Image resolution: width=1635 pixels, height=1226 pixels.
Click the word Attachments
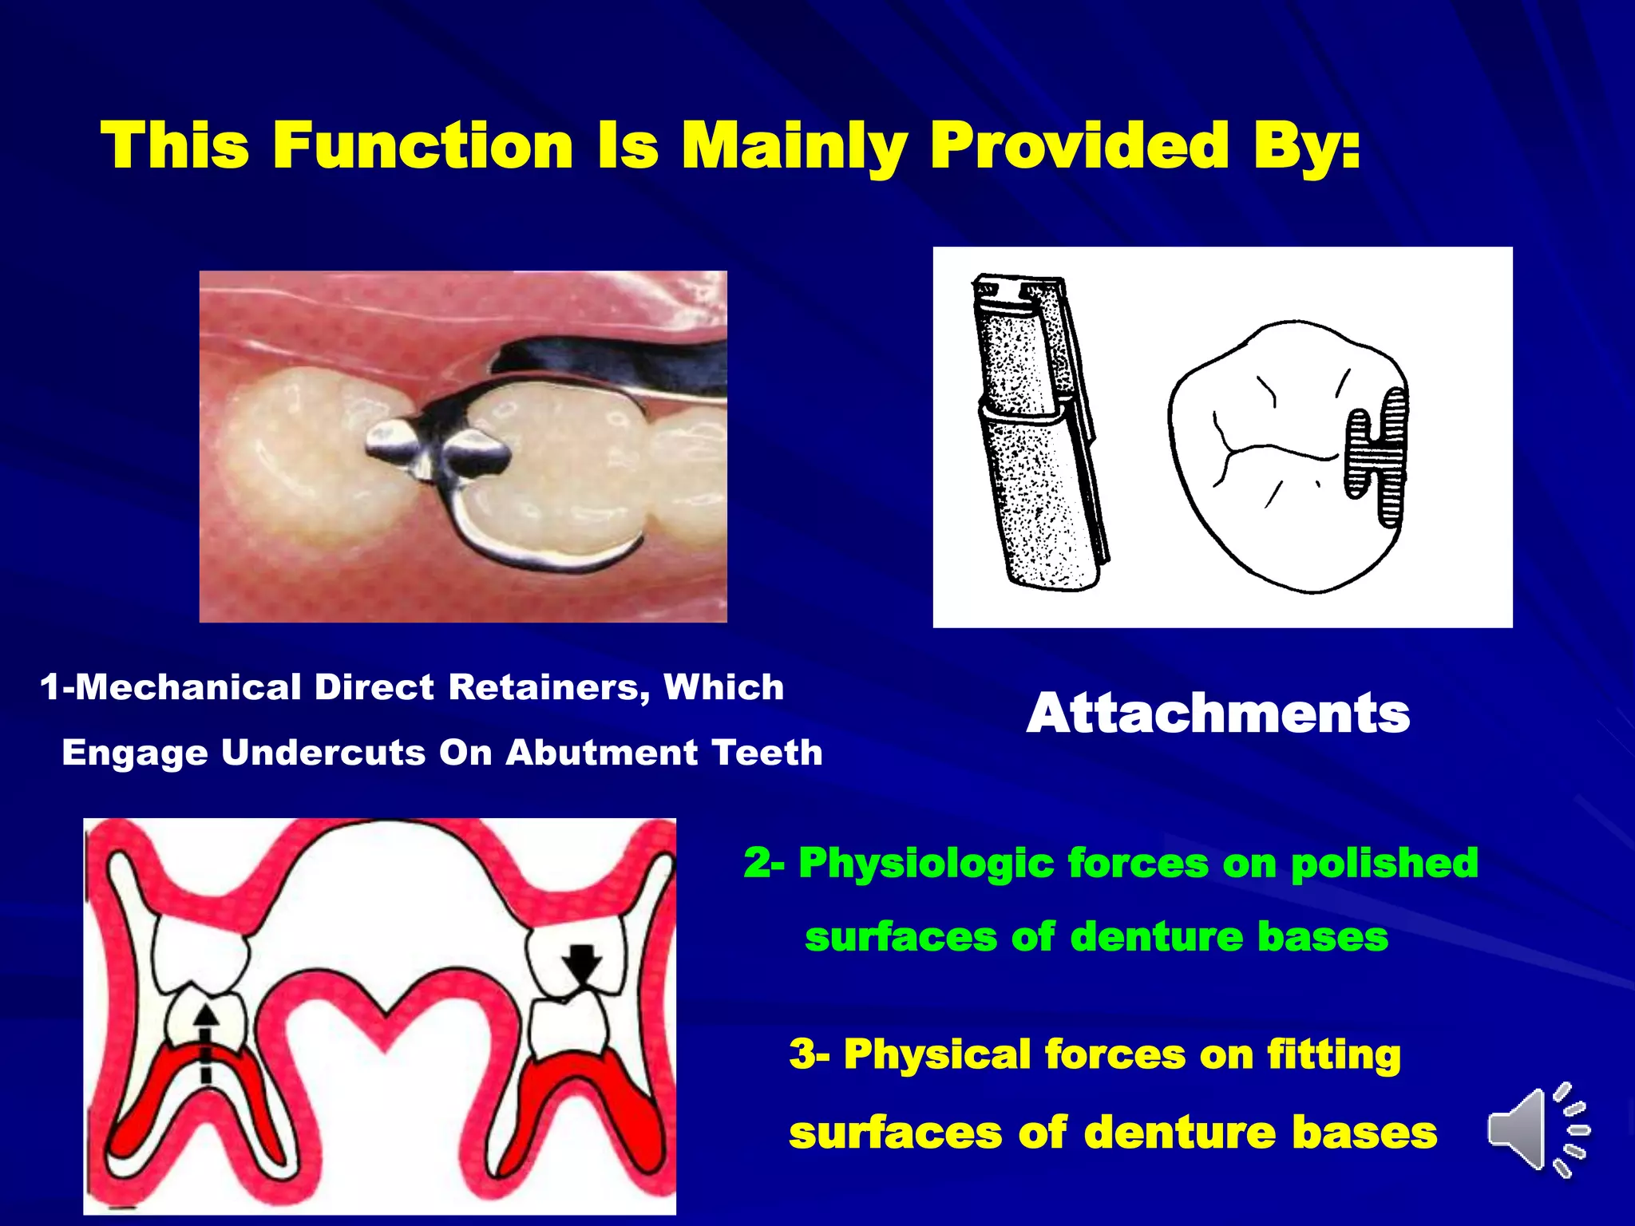(x=1217, y=713)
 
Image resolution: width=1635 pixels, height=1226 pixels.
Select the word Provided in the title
(x=1079, y=146)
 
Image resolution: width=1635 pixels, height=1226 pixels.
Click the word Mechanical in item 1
(x=188, y=687)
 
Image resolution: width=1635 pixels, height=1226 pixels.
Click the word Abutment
(x=601, y=753)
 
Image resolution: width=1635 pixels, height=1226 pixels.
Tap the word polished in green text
(x=1384, y=863)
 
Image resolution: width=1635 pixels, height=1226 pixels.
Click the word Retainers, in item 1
(x=548, y=687)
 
